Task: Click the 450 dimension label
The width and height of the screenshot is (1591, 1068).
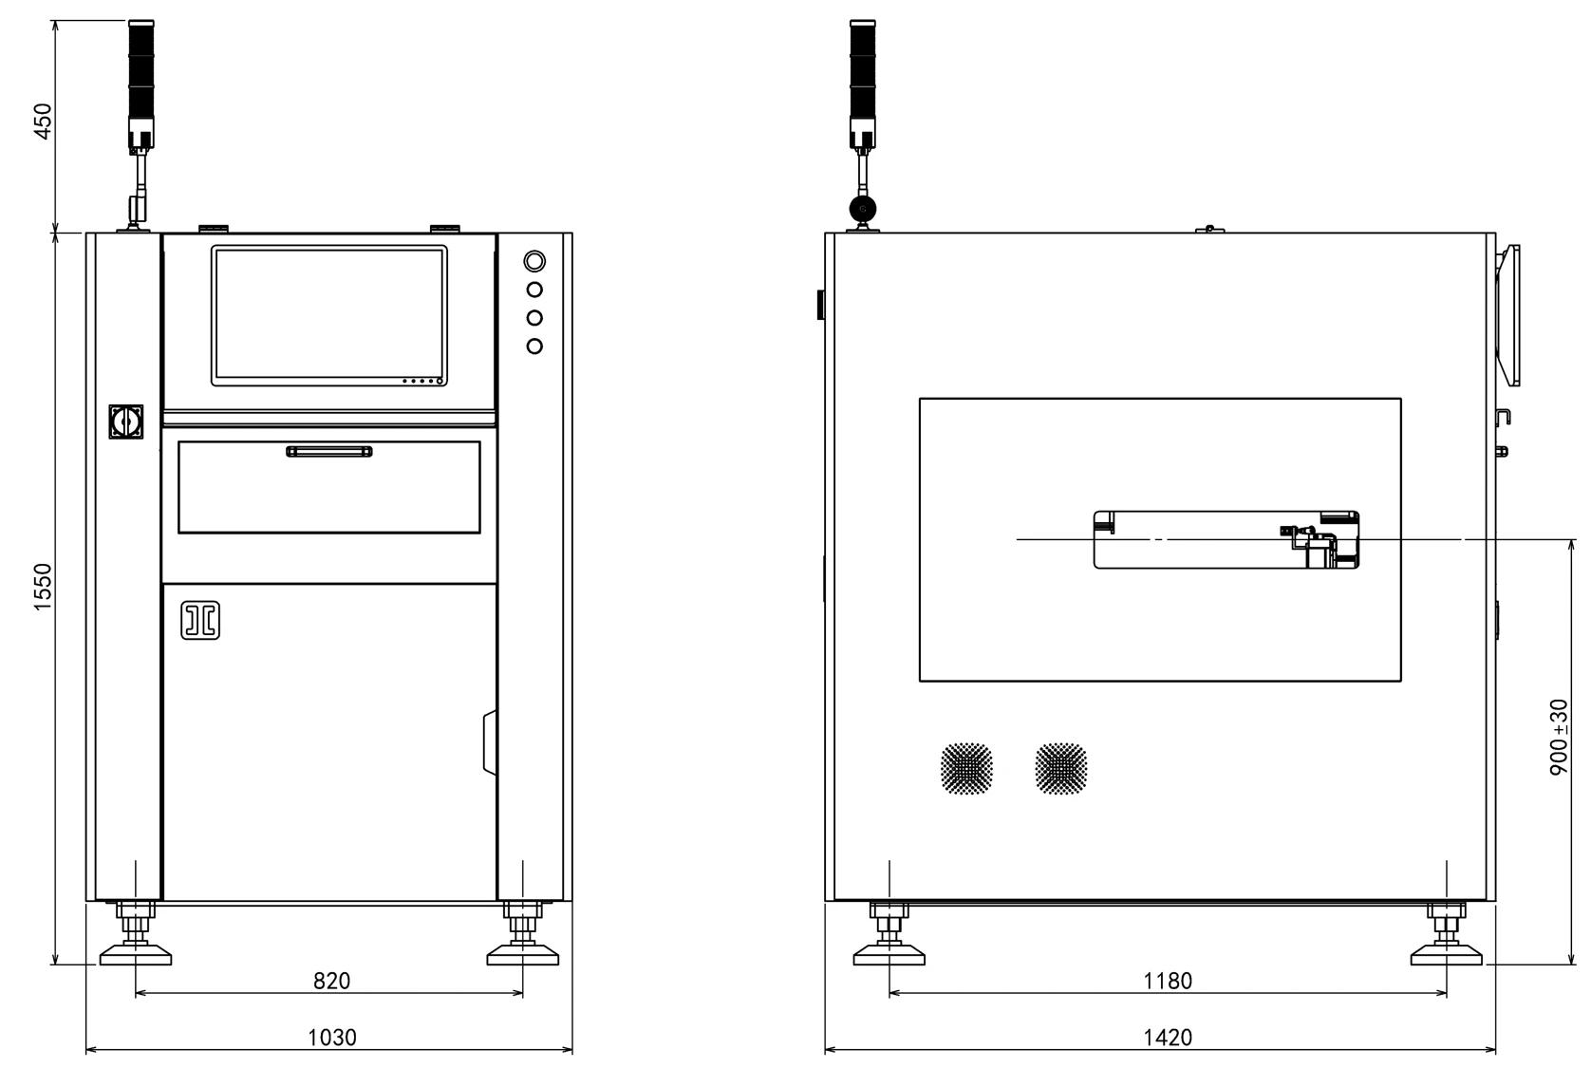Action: [x=44, y=122]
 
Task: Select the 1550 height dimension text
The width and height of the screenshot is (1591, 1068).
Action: [x=44, y=587]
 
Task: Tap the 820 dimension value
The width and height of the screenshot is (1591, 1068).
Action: [x=331, y=981]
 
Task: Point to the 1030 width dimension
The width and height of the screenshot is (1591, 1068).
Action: [x=331, y=1038]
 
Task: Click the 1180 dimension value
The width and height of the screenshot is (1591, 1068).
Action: [x=1168, y=981]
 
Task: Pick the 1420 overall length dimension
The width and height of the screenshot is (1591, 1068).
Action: [x=1168, y=1038]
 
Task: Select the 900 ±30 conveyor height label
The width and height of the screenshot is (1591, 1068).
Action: [x=1559, y=737]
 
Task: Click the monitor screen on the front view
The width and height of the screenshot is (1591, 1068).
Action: [x=328, y=315]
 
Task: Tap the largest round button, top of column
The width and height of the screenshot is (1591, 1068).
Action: [x=534, y=261]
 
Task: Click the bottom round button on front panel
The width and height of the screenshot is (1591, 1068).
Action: [x=534, y=346]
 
